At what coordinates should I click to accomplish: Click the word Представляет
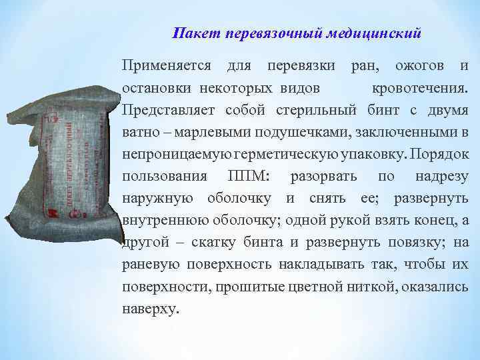(169, 110)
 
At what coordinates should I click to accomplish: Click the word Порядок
(440, 154)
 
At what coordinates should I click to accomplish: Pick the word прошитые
(241, 287)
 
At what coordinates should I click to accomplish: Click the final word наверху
(151, 309)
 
